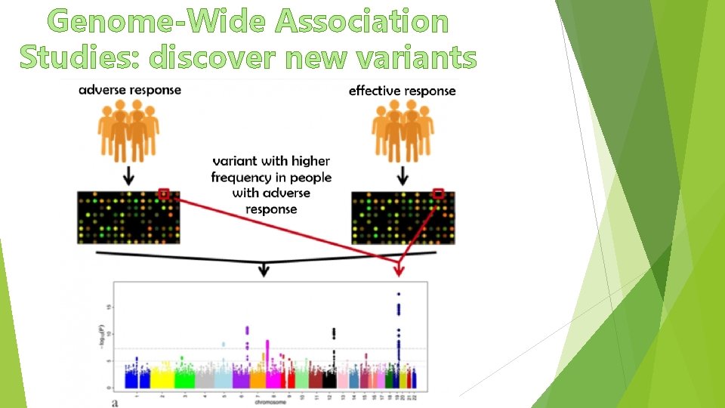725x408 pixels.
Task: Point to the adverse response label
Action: coord(130,90)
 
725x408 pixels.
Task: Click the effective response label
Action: coord(402,91)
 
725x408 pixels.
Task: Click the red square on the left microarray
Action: coord(164,195)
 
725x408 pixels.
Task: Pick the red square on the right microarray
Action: coord(439,194)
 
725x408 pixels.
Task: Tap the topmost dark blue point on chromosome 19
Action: coord(399,294)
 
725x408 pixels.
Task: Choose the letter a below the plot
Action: coord(114,403)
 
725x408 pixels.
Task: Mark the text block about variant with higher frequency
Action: coord(271,185)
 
